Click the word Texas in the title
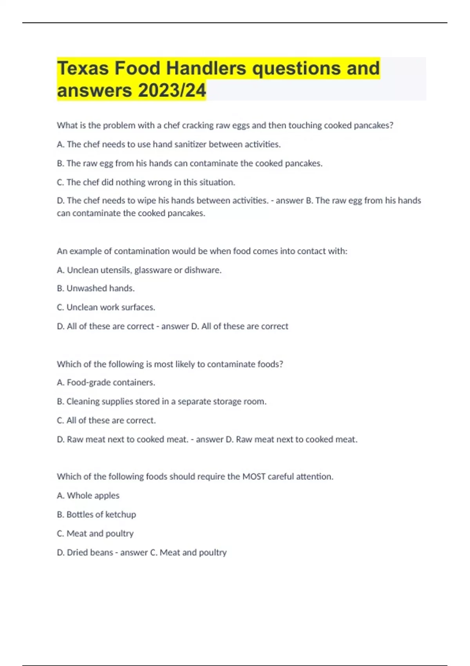point(83,68)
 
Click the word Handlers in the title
point(206,68)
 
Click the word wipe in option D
point(147,201)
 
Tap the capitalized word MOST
point(254,476)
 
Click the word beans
point(101,552)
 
